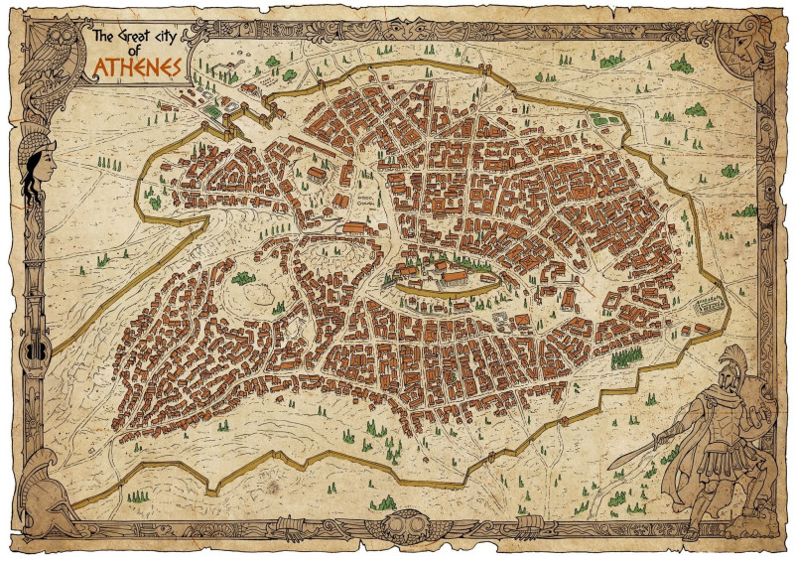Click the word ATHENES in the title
tap(137, 67)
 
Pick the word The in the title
tap(101, 38)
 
